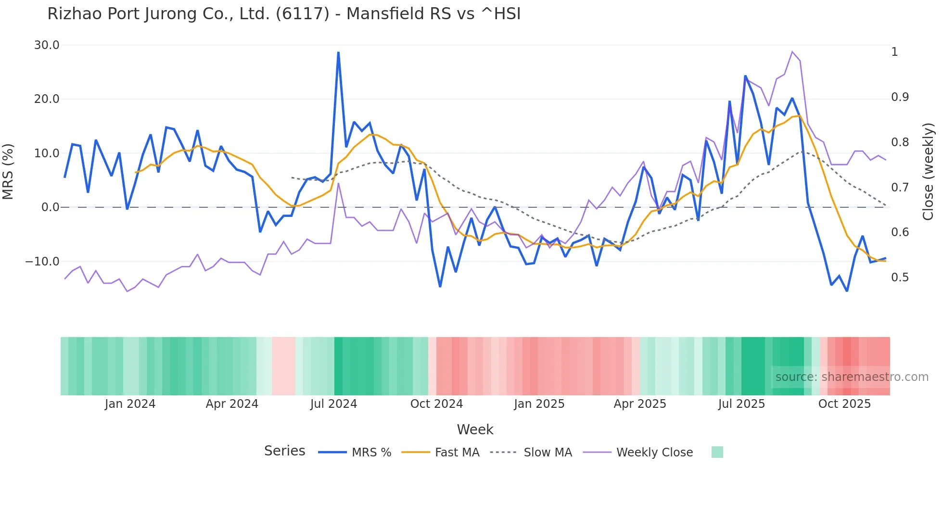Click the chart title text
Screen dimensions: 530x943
pyautogui.click(x=284, y=14)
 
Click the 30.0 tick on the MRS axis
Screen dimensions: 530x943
pyautogui.click(x=47, y=45)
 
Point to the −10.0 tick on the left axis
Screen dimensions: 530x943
pyautogui.click(x=42, y=262)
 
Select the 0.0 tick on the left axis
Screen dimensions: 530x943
pyautogui.click(x=50, y=207)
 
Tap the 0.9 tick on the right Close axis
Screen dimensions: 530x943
pyautogui.click(x=900, y=97)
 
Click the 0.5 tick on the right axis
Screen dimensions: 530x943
pyautogui.click(x=900, y=278)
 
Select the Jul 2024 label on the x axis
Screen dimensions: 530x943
pyautogui.click(x=333, y=404)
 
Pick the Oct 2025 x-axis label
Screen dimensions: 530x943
pyautogui.click(x=844, y=404)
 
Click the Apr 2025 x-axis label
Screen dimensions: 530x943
pyautogui.click(x=640, y=404)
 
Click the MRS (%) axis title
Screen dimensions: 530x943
pyautogui.click(x=8, y=171)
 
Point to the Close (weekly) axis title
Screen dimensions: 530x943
pyautogui.click(x=928, y=171)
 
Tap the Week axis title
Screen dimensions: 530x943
pyautogui.click(x=475, y=429)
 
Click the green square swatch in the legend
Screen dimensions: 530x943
pyautogui.click(x=717, y=452)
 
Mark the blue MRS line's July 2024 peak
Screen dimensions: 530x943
pyautogui.click(x=338, y=52)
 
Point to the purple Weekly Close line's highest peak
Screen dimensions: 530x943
pyautogui.click(x=792, y=51)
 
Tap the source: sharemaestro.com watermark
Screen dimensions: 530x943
pyautogui.click(x=852, y=377)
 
